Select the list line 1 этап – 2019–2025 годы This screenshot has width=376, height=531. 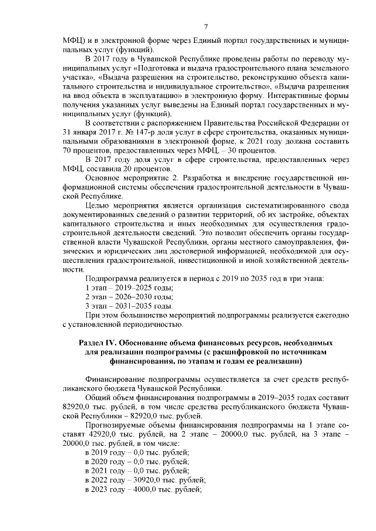pos(129,288)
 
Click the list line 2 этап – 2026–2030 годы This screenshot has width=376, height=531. pos(129,297)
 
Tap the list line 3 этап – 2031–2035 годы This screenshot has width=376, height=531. pos(129,306)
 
